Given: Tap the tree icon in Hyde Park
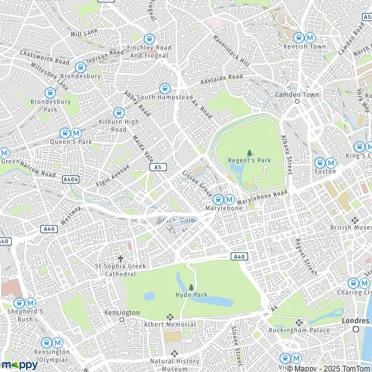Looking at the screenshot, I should point(191,287).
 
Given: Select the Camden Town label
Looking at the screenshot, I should point(296,95).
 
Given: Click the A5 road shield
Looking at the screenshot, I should point(159,167).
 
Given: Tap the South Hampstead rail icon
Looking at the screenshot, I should point(164,88).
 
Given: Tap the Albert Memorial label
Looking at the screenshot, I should point(170,324).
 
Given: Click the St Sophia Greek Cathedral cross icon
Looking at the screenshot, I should point(120,259).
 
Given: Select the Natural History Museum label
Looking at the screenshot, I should point(175,365).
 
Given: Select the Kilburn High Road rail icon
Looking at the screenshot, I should point(118,113).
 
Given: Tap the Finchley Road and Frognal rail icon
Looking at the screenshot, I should point(149,38).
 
